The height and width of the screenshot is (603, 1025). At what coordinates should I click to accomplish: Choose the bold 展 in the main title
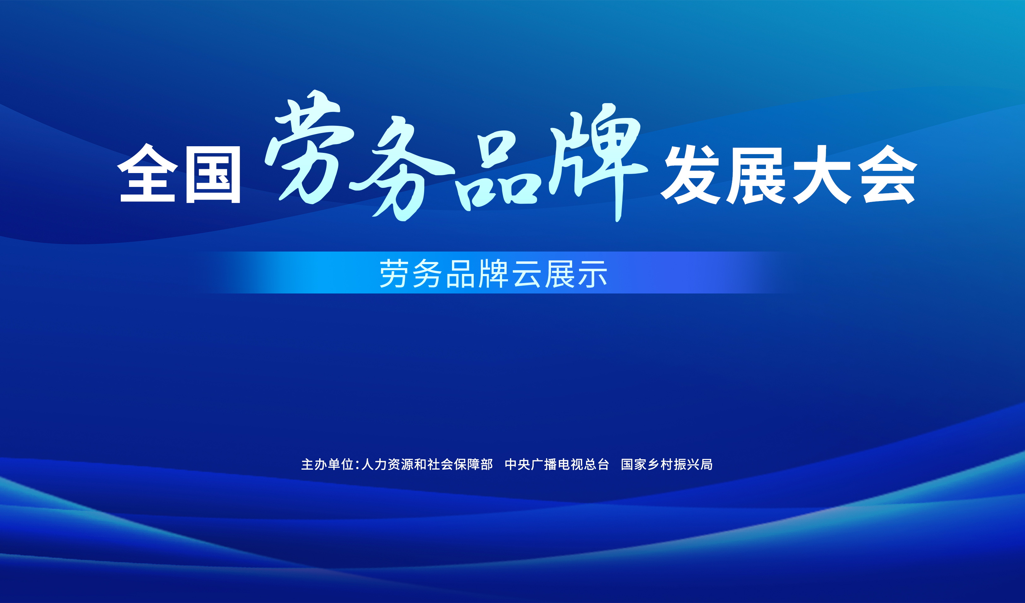click(x=756, y=175)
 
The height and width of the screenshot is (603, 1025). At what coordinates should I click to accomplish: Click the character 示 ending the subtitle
click(x=593, y=274)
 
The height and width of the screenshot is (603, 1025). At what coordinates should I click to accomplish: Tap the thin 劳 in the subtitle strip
click(x=394, y=274)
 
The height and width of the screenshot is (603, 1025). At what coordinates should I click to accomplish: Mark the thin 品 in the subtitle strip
click(x=460, y=274)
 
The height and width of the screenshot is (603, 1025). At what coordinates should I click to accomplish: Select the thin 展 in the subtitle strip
click(x=560, y=274)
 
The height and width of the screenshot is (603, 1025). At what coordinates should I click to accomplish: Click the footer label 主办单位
click(x=327, y=464)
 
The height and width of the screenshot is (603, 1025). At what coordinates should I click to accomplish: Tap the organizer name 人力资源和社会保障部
click(x=427, y=464)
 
